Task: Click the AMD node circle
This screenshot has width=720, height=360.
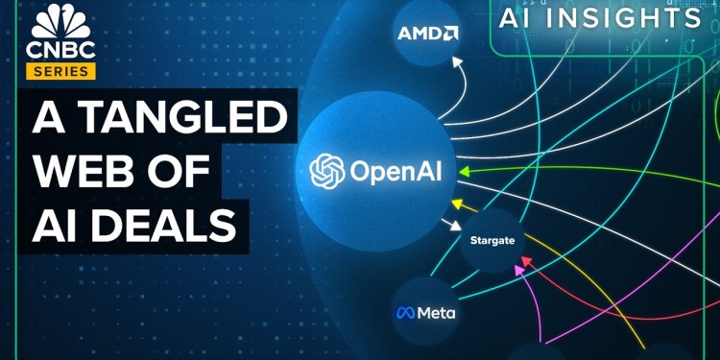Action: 427,36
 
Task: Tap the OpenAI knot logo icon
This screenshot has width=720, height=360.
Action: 326,171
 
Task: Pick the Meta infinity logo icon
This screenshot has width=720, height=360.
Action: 404,313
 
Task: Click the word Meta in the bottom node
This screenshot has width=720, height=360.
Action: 437,313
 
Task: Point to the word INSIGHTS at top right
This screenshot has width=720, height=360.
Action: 635,18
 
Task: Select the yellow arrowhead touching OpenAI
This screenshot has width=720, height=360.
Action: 459,204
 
